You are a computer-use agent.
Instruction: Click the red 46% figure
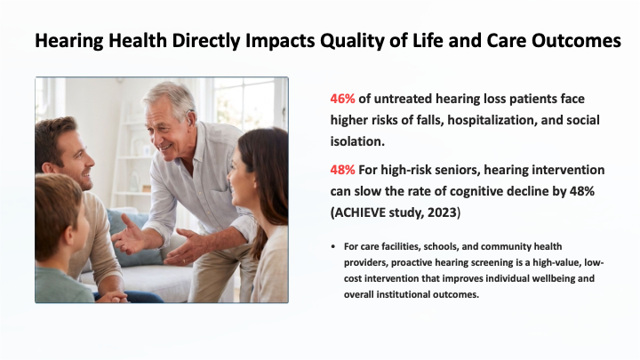(342, 99)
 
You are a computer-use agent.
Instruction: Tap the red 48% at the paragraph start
(342, 170)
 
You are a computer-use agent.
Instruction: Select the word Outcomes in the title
(576, 40)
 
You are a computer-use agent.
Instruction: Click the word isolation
(357, 141)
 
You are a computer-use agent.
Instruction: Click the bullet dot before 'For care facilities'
(333, 246)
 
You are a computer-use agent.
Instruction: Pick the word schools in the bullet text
(441, 246)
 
